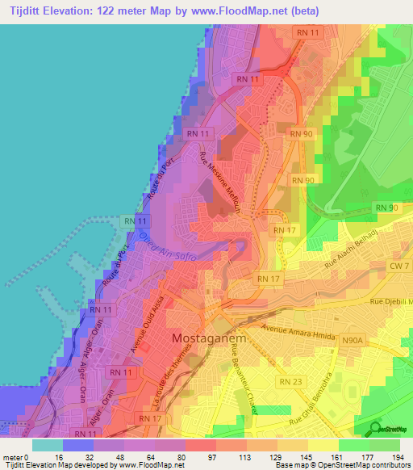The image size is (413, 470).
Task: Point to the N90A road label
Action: (353, 342)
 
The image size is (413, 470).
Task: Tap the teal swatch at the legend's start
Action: (48, 444)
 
